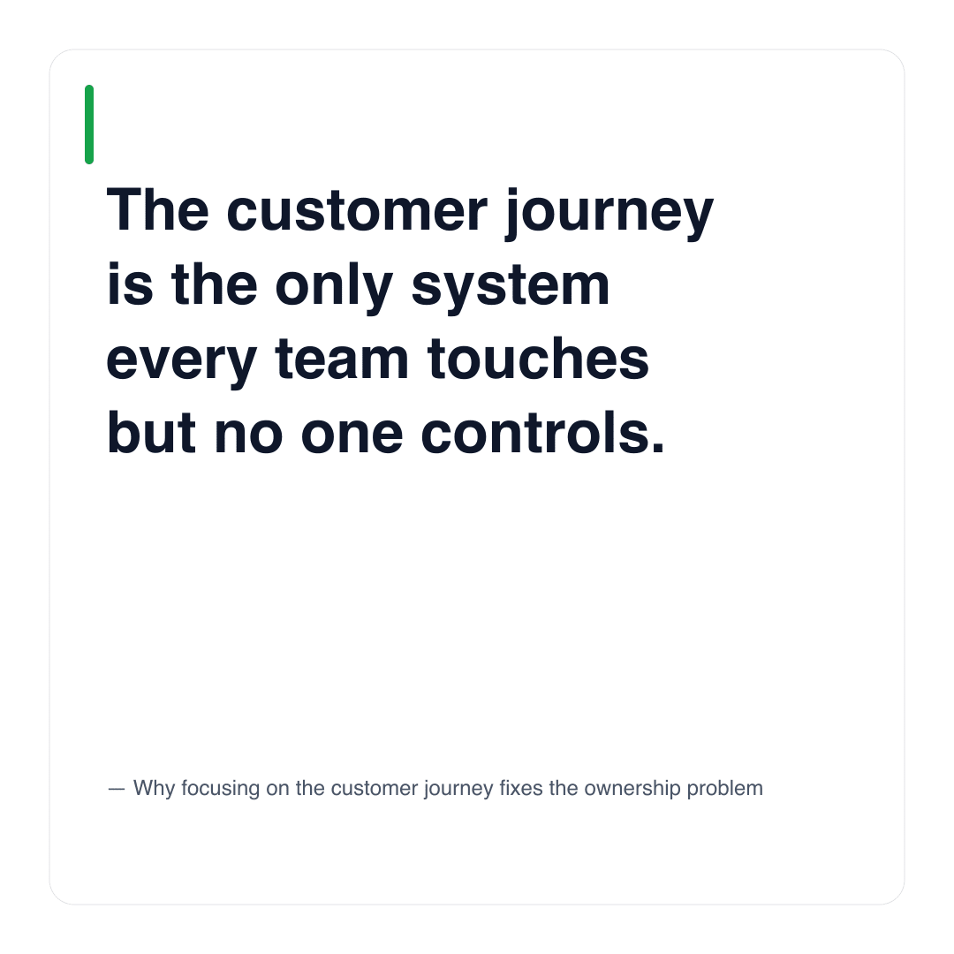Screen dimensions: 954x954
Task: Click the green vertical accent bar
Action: point(89,125)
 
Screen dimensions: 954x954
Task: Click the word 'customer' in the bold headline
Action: point(357,211)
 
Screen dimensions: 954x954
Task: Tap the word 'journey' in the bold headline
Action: point(609,214)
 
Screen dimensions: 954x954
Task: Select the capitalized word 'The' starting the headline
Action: point(157,210)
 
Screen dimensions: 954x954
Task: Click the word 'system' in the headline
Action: point(511,289)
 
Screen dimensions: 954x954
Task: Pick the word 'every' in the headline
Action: point(182,363)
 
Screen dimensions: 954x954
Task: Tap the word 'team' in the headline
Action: point(342,359)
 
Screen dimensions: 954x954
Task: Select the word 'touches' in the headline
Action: point(539,359)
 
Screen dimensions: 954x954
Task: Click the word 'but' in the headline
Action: point(152,433)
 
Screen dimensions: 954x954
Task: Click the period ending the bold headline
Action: point(658,449)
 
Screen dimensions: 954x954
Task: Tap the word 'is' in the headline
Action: point(130,284)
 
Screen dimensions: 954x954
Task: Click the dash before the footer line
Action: point(117,789)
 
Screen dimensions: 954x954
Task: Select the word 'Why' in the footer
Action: point(154,789)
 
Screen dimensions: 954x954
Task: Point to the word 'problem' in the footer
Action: point(724,789)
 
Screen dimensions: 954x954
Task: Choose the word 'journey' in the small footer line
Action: point(458,789)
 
